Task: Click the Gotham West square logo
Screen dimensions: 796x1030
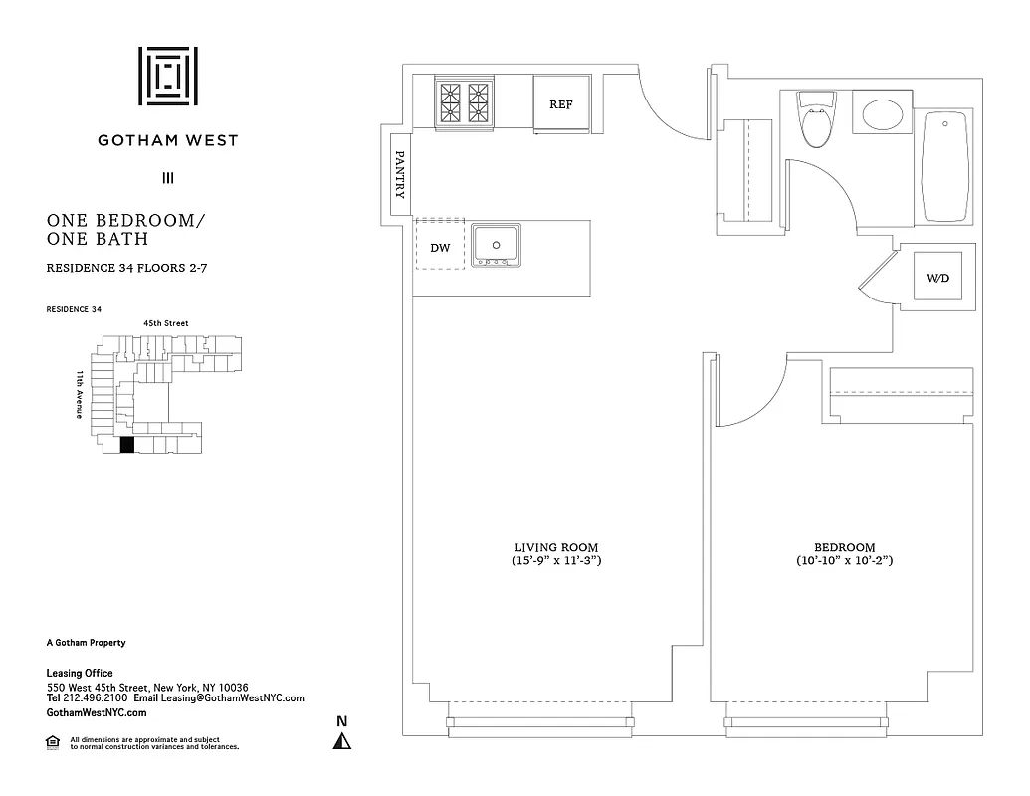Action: [167, 76]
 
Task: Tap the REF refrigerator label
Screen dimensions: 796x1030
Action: [561, 103]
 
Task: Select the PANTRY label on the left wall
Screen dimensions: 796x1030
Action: [399, 175]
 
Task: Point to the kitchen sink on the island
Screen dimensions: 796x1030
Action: [496, 244]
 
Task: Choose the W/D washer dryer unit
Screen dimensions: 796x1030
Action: [938, 278]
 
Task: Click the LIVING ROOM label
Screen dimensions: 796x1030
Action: [556, 547]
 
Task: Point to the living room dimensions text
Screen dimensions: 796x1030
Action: [556, 562]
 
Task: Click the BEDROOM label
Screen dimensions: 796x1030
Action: [845, 547]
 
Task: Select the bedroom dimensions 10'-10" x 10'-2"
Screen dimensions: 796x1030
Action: [845, 562]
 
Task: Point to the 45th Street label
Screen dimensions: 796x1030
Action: [166, 323]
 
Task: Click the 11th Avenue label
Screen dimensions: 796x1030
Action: [79, 394]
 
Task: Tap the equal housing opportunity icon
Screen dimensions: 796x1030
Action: [53, 741]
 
